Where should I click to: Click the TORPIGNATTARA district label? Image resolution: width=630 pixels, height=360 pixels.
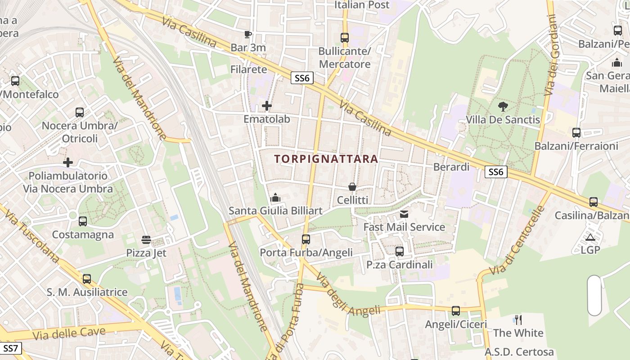point(326,159)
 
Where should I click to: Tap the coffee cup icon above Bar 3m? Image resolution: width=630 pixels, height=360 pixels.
point(247,34)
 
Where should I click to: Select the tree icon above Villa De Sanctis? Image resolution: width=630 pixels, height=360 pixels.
point(503,106)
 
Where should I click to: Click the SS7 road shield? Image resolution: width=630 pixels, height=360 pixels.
point(10,348)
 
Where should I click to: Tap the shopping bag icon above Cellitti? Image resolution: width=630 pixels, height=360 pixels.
point(352,187)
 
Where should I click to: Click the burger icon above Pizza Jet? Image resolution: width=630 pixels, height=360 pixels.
point(146,239)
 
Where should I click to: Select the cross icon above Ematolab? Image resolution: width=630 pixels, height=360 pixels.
point(267,106)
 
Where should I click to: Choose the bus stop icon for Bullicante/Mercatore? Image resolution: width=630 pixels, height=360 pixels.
point(345,38)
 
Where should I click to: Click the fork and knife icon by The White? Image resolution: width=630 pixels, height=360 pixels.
point(518,320)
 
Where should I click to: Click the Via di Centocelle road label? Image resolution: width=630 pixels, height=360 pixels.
point(517,241)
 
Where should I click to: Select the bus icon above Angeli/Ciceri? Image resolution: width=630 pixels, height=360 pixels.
point(456,310)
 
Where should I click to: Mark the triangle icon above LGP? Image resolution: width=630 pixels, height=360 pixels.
point(590,237)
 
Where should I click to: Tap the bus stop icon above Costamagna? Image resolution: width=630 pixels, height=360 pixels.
point(83,221)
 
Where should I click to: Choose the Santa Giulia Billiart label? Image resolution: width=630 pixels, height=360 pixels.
point(275,211)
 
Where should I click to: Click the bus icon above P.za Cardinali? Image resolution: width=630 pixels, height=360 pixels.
point(400,251)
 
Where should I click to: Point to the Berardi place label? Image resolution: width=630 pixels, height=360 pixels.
point(451,167)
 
